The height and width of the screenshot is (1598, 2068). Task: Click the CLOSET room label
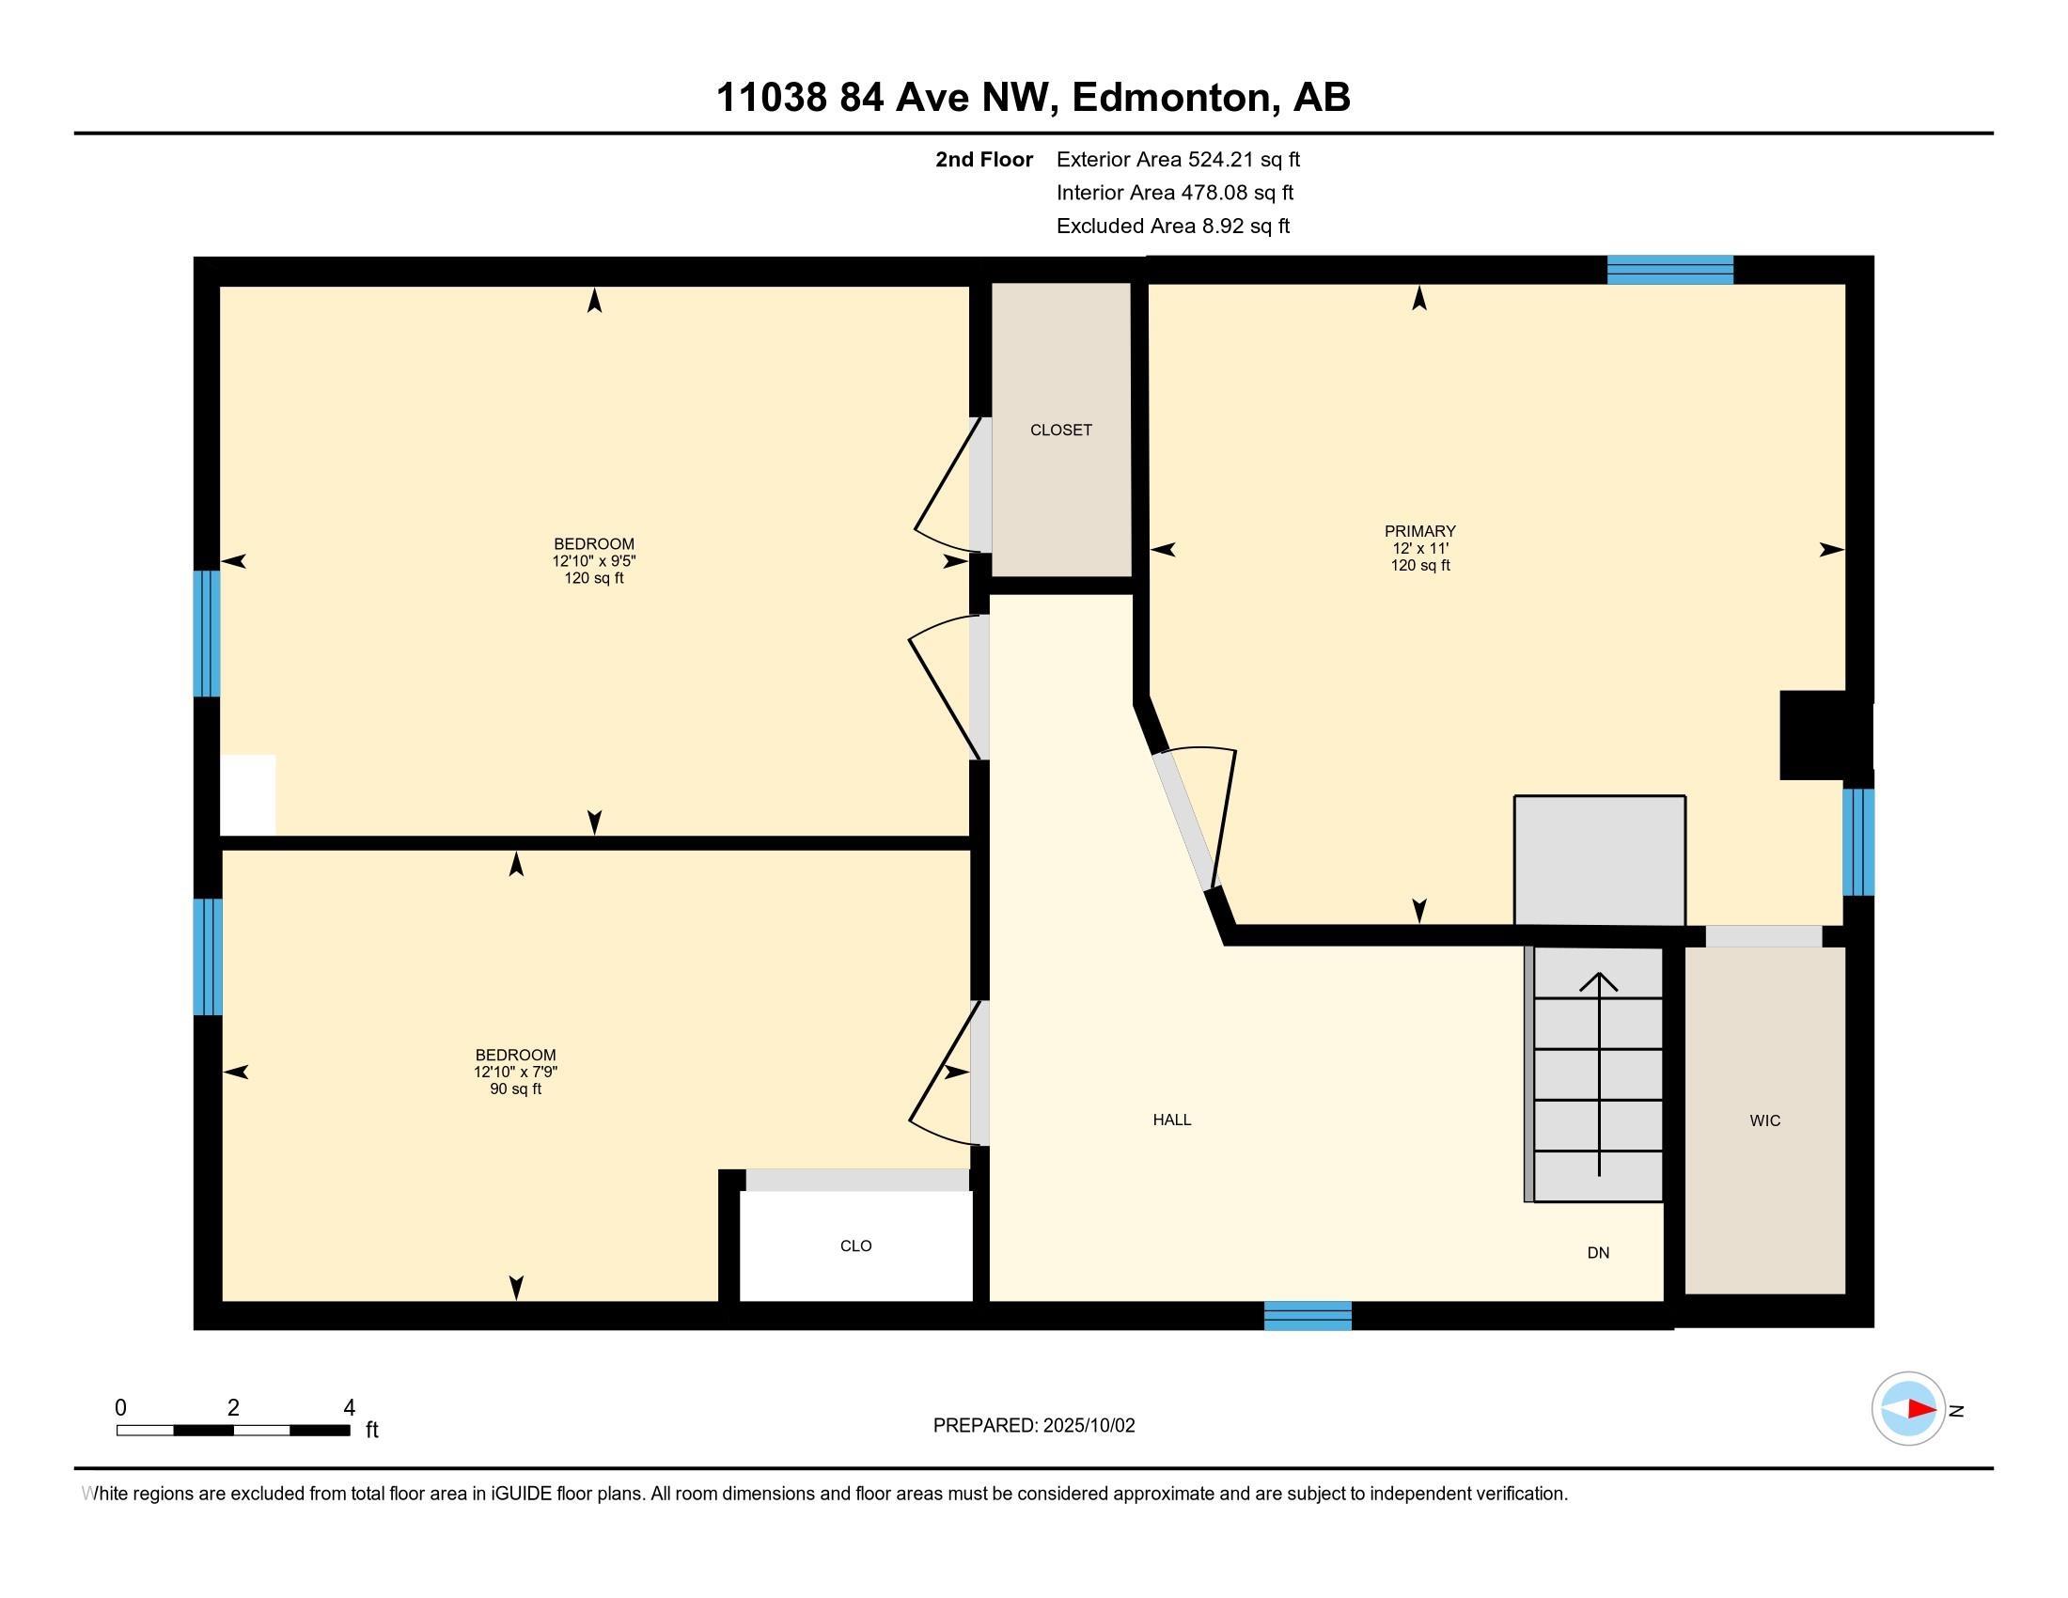click(1060, 430)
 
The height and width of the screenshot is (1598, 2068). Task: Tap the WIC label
click(1765, 1120)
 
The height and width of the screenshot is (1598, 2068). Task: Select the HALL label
click(1171, 1120)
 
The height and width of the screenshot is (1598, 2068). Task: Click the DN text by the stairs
click(1598, 1253)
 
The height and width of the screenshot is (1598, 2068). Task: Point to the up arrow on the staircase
click(1599, 984)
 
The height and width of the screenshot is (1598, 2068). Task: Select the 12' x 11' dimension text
click(1419, 549)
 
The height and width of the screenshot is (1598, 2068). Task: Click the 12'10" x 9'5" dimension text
click(594, 561)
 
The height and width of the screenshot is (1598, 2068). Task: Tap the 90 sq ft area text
click(515, 1089)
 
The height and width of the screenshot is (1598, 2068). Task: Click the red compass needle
click(1921, 1410)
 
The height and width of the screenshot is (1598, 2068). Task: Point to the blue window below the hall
click(1308, 1316)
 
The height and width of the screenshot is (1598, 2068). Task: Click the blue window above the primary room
click(1670, 270)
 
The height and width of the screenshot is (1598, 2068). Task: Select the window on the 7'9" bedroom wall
click(208, 956)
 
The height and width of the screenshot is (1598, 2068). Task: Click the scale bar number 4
click(349, 1408)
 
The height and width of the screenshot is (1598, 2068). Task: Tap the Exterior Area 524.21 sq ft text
click(1178, 160)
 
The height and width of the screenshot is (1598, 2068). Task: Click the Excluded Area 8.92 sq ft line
click(1173, 227)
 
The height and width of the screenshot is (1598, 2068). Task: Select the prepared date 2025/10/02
click(1089, 1426)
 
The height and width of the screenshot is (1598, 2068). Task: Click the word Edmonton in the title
click(1170, 98)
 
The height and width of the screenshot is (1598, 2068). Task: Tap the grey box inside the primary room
click(1599, 859)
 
